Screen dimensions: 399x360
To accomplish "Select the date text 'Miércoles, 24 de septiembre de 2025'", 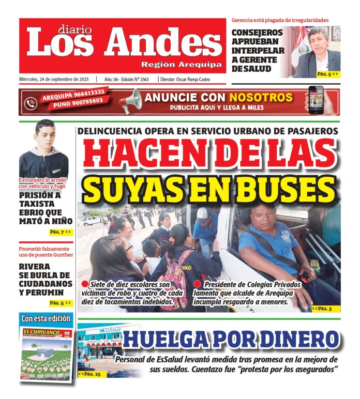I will (54, 79).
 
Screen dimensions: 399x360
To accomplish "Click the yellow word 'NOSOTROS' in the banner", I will (261, 97).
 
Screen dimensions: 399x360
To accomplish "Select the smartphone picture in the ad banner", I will (316, 100).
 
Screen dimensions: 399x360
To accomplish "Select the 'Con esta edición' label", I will (46, 318).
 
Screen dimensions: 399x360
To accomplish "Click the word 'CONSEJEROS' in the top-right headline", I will (257, 34).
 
